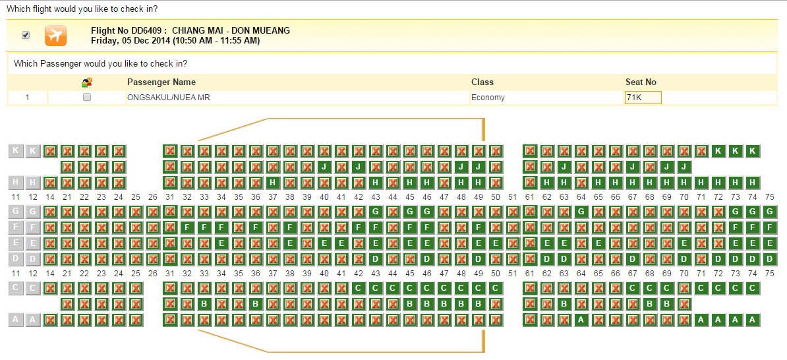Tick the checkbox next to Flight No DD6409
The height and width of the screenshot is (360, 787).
point(26,35)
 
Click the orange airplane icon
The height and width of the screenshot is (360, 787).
point(56,36)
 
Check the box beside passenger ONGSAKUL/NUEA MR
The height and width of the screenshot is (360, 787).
point(87,98)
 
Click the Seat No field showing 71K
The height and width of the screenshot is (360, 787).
point(643,98)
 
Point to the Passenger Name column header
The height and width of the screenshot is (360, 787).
point(161,82)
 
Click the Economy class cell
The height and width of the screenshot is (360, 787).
point(488,98)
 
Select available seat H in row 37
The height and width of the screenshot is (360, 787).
point(272,183)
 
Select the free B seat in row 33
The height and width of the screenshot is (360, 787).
point(204,304)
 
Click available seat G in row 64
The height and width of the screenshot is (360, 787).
point(581,212)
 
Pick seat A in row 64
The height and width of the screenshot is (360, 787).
point(581,320)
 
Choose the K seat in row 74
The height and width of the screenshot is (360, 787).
point(753,150)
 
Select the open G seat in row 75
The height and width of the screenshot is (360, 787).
point(770,212)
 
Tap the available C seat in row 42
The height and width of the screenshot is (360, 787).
point(359,288)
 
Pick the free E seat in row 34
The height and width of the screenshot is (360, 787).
point(221,244)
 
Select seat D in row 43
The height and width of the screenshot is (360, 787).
point(376,260)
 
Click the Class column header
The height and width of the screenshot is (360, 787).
point(482,82)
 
